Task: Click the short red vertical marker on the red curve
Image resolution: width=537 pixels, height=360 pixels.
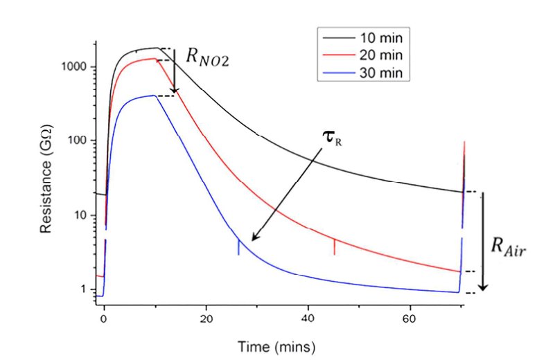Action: click(x=335, y=246)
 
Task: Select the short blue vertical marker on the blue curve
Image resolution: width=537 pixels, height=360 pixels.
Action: click(x=239, y=247)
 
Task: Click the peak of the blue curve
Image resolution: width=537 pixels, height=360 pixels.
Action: click(x=154, y=96)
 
